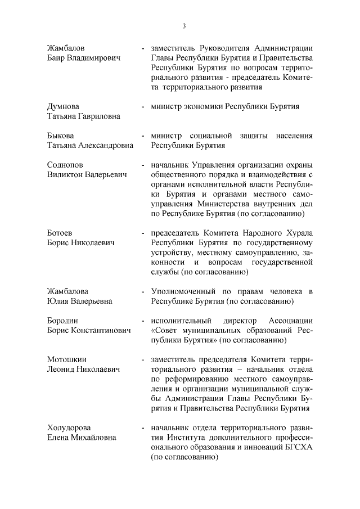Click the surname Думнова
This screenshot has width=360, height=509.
point(63,106)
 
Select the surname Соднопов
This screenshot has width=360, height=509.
point(66,165)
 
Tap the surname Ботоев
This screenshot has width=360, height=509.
point(60,233)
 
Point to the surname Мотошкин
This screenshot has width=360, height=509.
point(67,359)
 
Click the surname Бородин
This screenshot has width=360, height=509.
point(64,320)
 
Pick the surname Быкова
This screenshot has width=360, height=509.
point(60,136)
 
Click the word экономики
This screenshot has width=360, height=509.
point(205,106)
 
